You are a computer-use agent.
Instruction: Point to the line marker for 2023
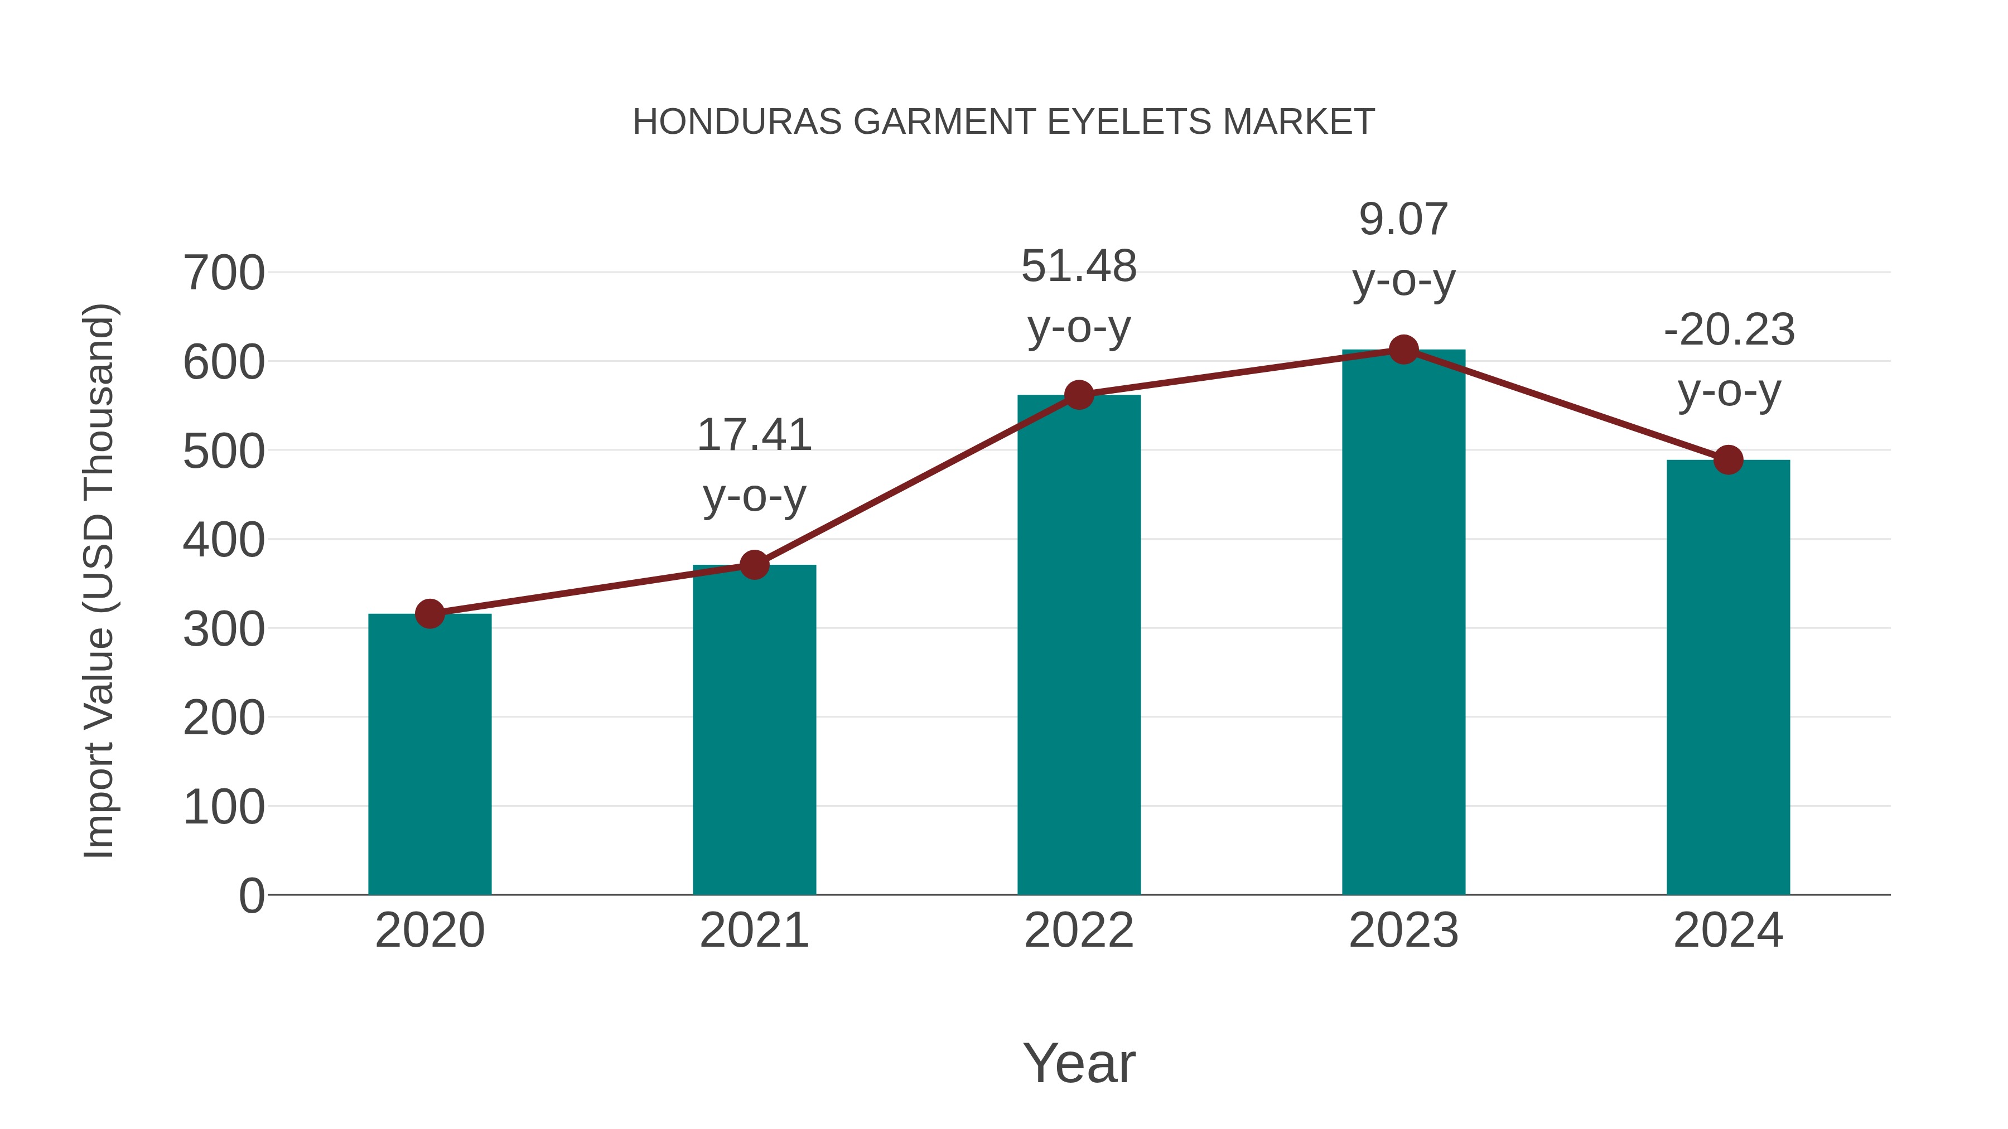pos(1403,350)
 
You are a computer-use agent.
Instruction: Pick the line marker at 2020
pos(429,614)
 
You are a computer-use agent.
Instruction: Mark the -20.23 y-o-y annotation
pos(1729,360)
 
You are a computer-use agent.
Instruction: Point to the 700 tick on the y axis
pos(224,274)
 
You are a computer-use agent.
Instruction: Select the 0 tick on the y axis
pos(251,895)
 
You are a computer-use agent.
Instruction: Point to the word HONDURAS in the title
pos(737,122)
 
